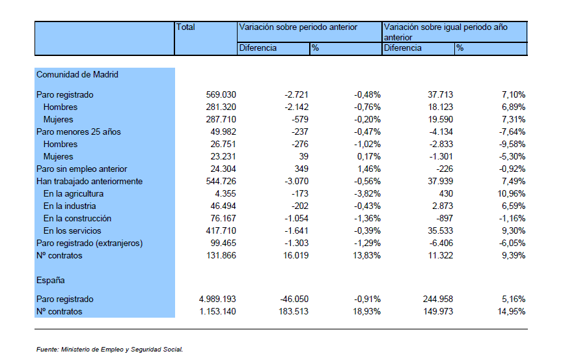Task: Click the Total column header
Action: pos(185,27)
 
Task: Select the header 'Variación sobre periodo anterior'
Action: pos(298,27)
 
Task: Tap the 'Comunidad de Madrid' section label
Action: pos(77,74)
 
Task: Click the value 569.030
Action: pos(221,94)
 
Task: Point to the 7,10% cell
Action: pos(514,94)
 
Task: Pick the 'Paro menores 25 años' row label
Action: pos(79,132)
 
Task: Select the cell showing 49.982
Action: pos(223,132)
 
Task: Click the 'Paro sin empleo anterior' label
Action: pos(81,169)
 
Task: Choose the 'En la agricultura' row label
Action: pos(74,193)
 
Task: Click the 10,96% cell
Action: pos(512,193)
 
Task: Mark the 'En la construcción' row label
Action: pos(77,219)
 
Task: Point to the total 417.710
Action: pos(221,230)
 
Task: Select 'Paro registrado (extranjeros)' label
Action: pos(89,243)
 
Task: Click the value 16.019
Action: pos(295,255)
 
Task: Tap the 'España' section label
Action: pos(50,280)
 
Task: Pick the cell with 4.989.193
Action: pos(217,299)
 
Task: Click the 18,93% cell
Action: pos(366,311)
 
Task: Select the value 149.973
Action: pos(438,311)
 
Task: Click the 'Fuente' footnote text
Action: pos(109,349)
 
